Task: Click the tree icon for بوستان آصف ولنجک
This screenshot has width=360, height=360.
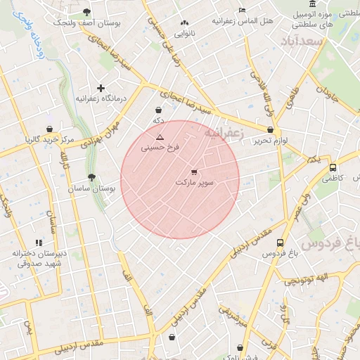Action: point(86,12)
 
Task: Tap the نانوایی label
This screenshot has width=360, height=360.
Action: point(184,33)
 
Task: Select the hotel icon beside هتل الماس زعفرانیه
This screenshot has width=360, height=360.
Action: point(242,10)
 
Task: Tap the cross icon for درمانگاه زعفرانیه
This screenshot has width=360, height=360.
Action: point(101,88)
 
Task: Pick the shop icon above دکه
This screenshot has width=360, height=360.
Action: point(158,110)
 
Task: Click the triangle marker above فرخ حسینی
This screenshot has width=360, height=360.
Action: point(160,136)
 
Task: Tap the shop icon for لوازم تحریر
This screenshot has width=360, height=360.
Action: point(271,129)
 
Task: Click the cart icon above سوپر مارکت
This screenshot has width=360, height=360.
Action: point(194,172)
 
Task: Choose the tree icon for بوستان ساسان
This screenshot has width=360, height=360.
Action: point(91,178)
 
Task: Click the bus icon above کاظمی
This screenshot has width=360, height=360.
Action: point(333,167)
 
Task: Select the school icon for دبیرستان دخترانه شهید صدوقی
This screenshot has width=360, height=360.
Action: point(39,243)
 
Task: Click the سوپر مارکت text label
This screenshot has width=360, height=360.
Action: point(193,183)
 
